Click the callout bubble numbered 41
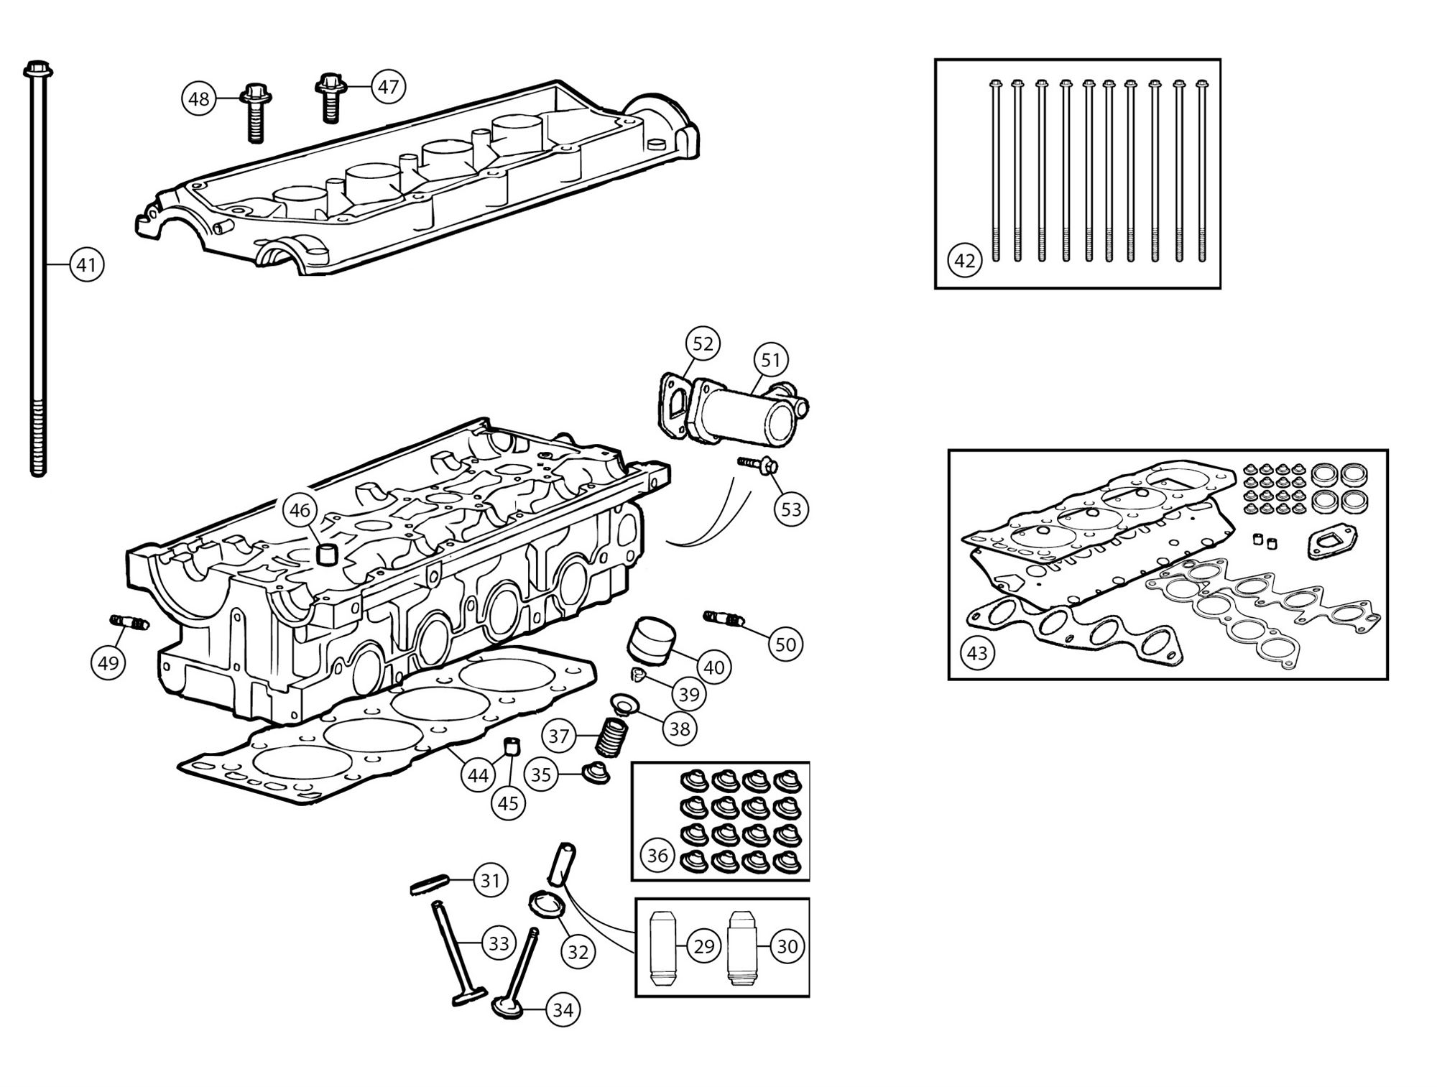click(86, 265)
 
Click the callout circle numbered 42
click(964, 261)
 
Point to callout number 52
click(702, 344)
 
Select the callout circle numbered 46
click(300, 510)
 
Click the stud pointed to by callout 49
click(129, 623)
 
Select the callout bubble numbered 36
click(657, 856)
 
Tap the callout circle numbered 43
click(977, 653)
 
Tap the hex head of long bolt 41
click(37, 69)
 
